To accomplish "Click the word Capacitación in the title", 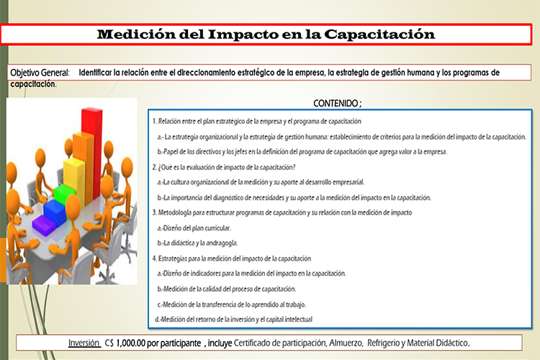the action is (x=379, y=35).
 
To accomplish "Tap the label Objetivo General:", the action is (x=40, y=73).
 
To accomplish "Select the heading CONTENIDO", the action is (x=336, y=104).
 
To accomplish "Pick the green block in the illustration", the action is (x=64, y=194).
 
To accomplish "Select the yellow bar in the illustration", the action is (x=74, y=179).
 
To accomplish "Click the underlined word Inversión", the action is (x=84, y=343).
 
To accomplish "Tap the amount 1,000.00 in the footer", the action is (x=131, y=343).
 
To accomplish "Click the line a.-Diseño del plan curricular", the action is (x=194, y=228).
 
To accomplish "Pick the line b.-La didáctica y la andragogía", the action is (x=197, y=243).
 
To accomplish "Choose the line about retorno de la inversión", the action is (x=234, y=320).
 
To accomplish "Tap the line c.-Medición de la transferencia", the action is (x=231, y=305).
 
